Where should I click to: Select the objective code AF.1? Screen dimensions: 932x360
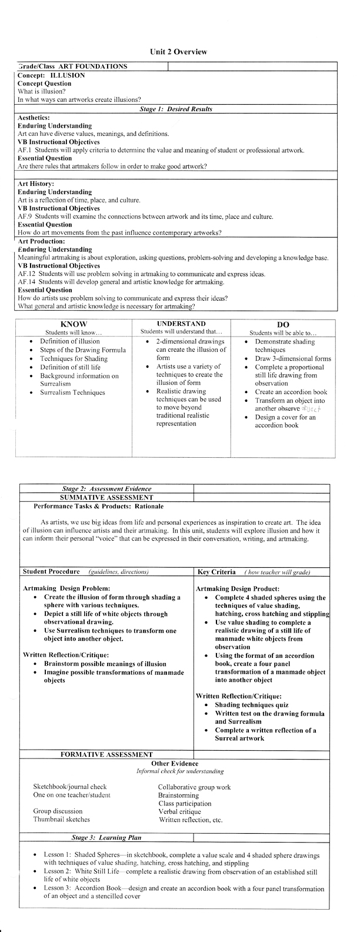pos(24,151)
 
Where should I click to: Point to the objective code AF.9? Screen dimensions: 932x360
pos(24,217)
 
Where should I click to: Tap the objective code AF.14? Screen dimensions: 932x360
pos(26,282)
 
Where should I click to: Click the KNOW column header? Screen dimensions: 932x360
pos(74,324)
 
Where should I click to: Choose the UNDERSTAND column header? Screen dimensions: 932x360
pos(181,324)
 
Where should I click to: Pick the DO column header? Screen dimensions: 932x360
pos(282,325)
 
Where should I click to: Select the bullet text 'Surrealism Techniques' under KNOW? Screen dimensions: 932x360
pos(72,392)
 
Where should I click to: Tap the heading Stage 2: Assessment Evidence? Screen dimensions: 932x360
pos(106,488)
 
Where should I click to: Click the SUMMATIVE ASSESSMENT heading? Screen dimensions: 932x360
pos(106,497)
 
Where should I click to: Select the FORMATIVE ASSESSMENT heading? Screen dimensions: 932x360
pos(106,754)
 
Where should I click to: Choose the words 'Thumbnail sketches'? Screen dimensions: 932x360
pos(62,819)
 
